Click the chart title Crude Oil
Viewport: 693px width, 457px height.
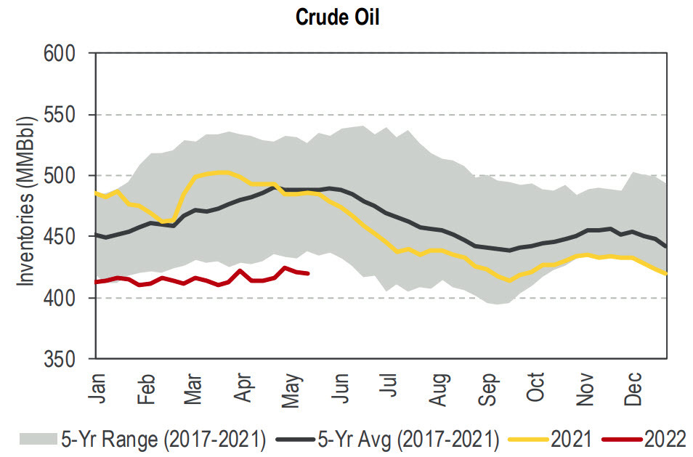point(337,17)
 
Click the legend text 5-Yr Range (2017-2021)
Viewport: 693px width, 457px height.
point(163,438)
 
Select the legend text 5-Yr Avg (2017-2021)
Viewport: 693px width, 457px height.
point(408,438)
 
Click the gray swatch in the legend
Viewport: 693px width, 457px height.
point(37,438)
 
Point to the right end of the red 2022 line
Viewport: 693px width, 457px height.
point(309,274)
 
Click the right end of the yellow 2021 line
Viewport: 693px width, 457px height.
point(666,274)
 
